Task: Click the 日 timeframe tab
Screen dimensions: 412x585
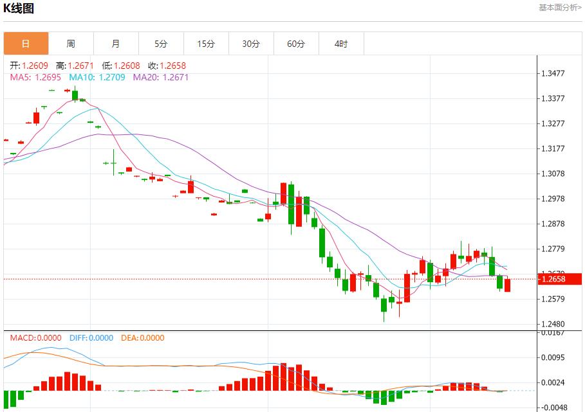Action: click(x=26, y=44)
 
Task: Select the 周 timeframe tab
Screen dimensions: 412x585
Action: click(x=71, y=44)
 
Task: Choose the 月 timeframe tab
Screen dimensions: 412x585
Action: click(x=116, y=44)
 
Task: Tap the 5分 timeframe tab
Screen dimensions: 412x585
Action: click(x=161, y=44)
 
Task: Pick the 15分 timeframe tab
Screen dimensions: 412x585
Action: click(x=206, y=44)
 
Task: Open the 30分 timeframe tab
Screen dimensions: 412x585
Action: click(x=251, y=44)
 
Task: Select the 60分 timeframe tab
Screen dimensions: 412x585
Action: click(x=296, y=44)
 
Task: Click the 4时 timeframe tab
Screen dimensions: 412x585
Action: click(x=341, y=44)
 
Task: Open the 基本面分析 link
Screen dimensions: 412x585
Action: click(x=559, y=8)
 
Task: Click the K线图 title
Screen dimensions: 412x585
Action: click(x=19, y=8)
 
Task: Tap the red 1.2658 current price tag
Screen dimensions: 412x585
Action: click(x=559, y=279)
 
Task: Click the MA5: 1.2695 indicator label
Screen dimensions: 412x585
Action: click(x=35, y=77)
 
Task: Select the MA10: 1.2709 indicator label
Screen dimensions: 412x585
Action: click(x=97, y=77)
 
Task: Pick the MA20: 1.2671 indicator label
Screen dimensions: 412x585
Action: click(x=161, y=77)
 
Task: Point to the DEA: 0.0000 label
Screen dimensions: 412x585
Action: click(x=142, y=338)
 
